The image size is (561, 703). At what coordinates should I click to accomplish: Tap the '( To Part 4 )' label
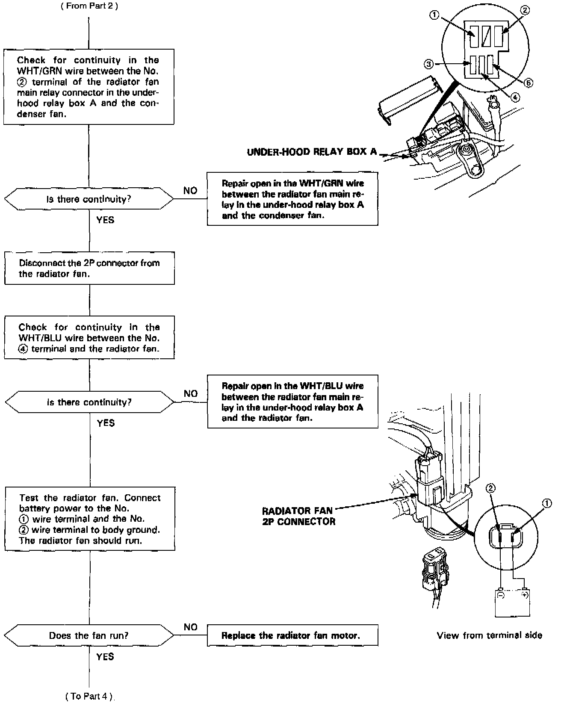click(x=89, y=696)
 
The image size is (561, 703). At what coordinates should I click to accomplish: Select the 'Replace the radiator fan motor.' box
click(x=292, y=635)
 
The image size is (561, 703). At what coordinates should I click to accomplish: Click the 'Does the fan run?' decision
click(x=89, y=635)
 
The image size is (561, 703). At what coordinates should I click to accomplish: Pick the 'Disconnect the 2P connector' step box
click(x=89, y=268)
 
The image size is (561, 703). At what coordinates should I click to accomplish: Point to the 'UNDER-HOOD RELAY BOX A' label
click(x=312, y=152)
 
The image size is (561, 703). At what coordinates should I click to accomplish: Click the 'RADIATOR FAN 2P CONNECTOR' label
click(x=298, y=516)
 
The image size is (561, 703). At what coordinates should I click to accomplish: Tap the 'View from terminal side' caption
click(x=489, y=635)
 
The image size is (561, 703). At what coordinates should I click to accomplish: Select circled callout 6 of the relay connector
click(x=528, y=83)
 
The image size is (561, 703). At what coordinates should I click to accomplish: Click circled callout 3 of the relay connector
click(x=428, y=64)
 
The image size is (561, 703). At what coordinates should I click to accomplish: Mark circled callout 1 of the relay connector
click(x=434, y=15)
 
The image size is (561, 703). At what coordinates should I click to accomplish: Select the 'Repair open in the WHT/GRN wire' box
click(x=292, y=199)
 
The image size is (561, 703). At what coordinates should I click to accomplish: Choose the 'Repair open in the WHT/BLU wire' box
click(x=292, y=402)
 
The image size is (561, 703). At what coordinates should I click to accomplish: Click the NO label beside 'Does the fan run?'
click(x=190, y=627)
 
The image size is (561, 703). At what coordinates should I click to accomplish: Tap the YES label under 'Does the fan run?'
click(x=105, y=656)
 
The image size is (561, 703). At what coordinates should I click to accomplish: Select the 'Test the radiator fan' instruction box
click(x=89, y=519)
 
